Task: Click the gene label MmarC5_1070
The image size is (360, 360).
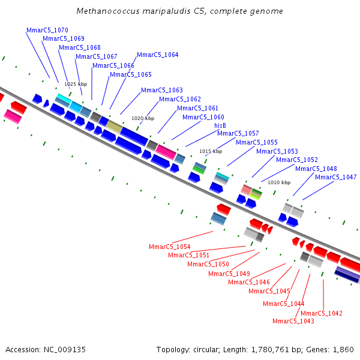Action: click(47, 30)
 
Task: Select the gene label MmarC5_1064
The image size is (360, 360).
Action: click(158, 55)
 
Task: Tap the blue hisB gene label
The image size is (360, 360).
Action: click(220, 125)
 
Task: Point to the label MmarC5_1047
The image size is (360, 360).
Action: click(336, 177)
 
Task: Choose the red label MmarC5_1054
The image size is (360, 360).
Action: click(170, 247)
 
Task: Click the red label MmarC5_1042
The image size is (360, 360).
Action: click(322, 313)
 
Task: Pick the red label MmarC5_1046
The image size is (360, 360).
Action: click(249, 282)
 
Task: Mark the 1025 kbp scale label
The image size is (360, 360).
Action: click(76, 85)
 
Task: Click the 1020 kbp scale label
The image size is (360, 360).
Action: click(143, 118)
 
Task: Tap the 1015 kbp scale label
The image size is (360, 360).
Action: click(211, 151)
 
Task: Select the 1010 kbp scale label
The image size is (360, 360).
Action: click(279, 182)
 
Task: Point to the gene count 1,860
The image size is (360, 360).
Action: click(342, 349)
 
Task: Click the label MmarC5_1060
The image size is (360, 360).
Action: click(203, 117)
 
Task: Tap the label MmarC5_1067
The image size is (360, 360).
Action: click(97, 56)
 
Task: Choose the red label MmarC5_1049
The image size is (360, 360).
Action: click(229, 274)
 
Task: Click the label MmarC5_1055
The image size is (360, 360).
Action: click(257, 142)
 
